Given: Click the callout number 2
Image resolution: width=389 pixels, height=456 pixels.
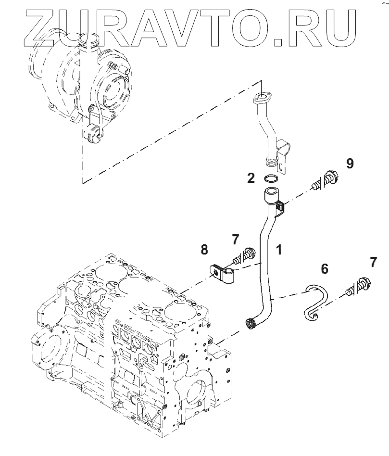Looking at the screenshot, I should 251,178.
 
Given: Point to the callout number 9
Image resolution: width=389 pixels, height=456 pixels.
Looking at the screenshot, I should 350,164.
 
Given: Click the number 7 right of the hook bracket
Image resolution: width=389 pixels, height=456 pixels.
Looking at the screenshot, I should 374,263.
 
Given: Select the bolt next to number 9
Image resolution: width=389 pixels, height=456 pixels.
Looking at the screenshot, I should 325,180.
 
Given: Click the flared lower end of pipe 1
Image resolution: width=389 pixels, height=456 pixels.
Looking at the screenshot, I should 251,323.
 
